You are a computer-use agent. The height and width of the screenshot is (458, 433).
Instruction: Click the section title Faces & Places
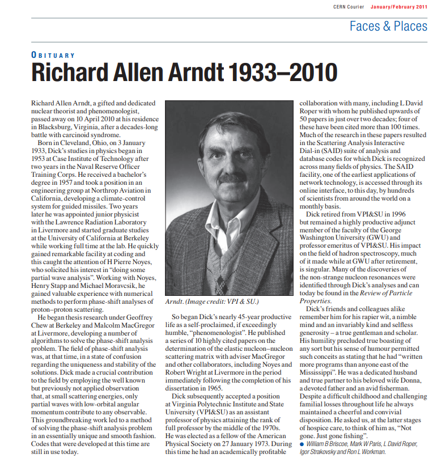click(388, 26)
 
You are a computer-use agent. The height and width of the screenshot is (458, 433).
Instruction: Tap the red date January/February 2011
click(399, 7)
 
